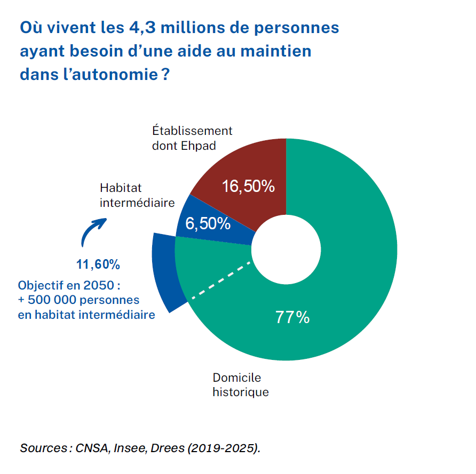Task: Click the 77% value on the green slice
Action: coord(292,317)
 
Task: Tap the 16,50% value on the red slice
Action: coord(248,186)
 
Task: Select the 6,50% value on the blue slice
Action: coord(208,223)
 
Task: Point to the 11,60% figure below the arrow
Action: coord(98,264)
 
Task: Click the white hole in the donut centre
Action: coord(286,250)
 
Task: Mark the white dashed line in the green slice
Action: coord(220,280)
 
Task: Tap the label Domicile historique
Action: coord(241,385)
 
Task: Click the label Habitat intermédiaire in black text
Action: coord(137,195)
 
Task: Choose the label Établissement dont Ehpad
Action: coord(192,138)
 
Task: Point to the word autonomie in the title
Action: coord(115,75)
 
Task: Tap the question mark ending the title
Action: coord(165,74)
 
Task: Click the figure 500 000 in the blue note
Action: coord(52,300)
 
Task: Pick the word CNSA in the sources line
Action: coord(91,448)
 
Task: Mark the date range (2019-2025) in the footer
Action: coord(224,448)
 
